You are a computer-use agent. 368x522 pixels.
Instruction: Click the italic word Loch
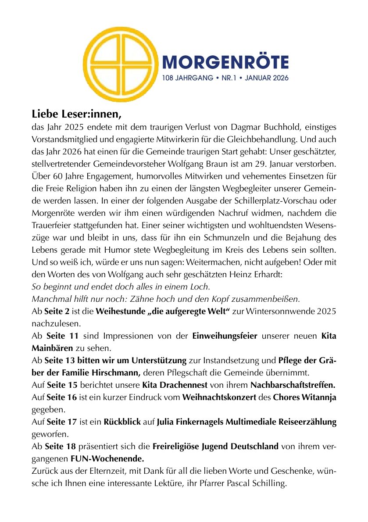(x=200, y=287)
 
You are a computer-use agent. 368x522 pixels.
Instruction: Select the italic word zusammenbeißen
(x=269, y=300)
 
